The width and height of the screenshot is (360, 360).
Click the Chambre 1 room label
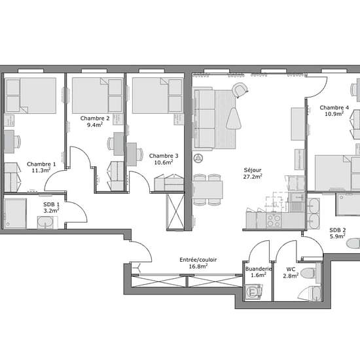[41, 164]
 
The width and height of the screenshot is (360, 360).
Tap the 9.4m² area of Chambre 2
[95, 124]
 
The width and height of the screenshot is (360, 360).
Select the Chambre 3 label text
[164, 156]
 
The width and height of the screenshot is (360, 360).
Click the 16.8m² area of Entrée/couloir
[198, 266]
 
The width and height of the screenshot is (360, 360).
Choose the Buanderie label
[259, 269]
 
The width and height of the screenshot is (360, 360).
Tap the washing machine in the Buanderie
[253, 292]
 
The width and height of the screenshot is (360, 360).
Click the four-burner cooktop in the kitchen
[274, 221]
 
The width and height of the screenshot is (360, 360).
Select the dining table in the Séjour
[207, 190]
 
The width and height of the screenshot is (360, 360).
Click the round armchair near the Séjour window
[240, 90]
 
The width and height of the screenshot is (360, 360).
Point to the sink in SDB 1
[45, 223]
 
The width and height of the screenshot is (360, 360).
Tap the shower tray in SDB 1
[15, 213]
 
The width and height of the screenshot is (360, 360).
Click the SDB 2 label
[338, 230]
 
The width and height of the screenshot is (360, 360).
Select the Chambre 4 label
[334, 108]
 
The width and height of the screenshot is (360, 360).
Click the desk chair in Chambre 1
[18, 141]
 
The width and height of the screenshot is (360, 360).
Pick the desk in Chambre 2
[119, 144]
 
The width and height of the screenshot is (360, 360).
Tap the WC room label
[291, 269]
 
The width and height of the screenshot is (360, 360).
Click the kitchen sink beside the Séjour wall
[296, 202]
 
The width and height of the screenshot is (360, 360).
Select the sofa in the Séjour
[204, 118]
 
